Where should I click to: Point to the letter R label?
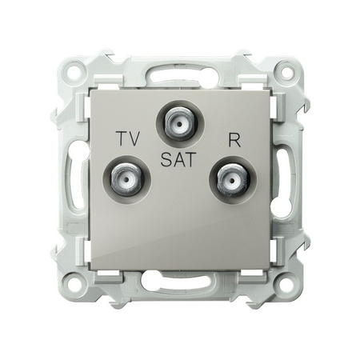click(x=234, y=137)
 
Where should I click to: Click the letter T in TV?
click(x=120, y=137)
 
